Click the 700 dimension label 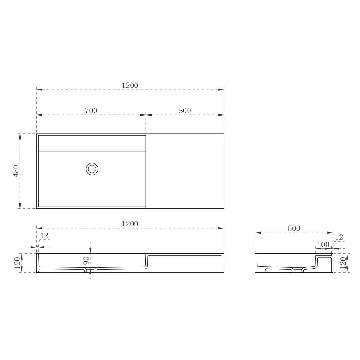pos(91,111)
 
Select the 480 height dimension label pos(16,171)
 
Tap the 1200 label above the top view pos(130,85)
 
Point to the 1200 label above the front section pos(130,224)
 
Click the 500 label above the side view pos(294,229)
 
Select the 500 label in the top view pos(185,111)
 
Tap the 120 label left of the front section pos(17,264)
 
